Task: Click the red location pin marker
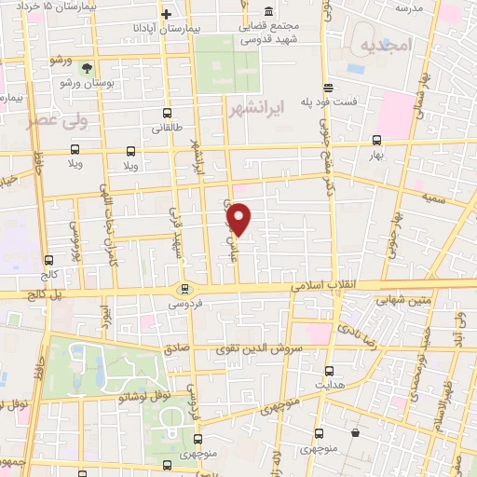pos(240,220)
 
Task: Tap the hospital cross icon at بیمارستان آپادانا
pos(167,14)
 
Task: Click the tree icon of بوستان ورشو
pos(88,68)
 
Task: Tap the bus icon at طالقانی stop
pos(165,116)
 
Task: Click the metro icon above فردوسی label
pos(184,288)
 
